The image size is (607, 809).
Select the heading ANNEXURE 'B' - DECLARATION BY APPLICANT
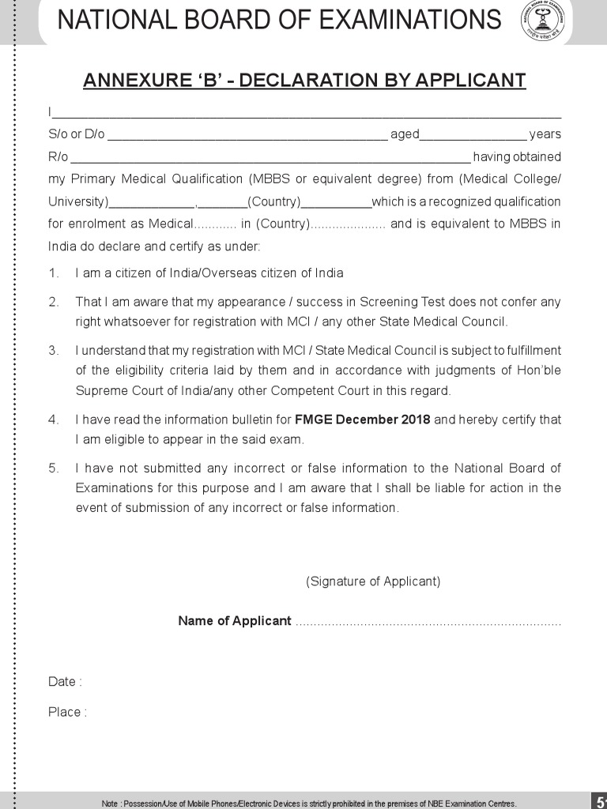[304, 81]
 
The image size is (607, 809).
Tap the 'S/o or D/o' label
[76, 134]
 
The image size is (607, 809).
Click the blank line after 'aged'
[473, 135]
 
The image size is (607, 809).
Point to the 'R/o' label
[58, 156]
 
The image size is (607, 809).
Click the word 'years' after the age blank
[545, 134]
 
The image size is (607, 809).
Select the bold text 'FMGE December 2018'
[362, 420]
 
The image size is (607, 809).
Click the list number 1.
[53, 273]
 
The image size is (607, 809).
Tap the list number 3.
[53, 350]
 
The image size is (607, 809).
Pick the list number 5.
[53, 468]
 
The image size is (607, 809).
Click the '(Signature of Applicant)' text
[373, 581]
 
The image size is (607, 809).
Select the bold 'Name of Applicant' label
[235, 621]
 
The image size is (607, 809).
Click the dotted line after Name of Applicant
[428, 623]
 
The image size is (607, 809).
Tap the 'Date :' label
[65, 682]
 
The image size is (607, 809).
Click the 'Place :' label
[67, 712]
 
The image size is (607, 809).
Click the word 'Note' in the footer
[110, 803]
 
